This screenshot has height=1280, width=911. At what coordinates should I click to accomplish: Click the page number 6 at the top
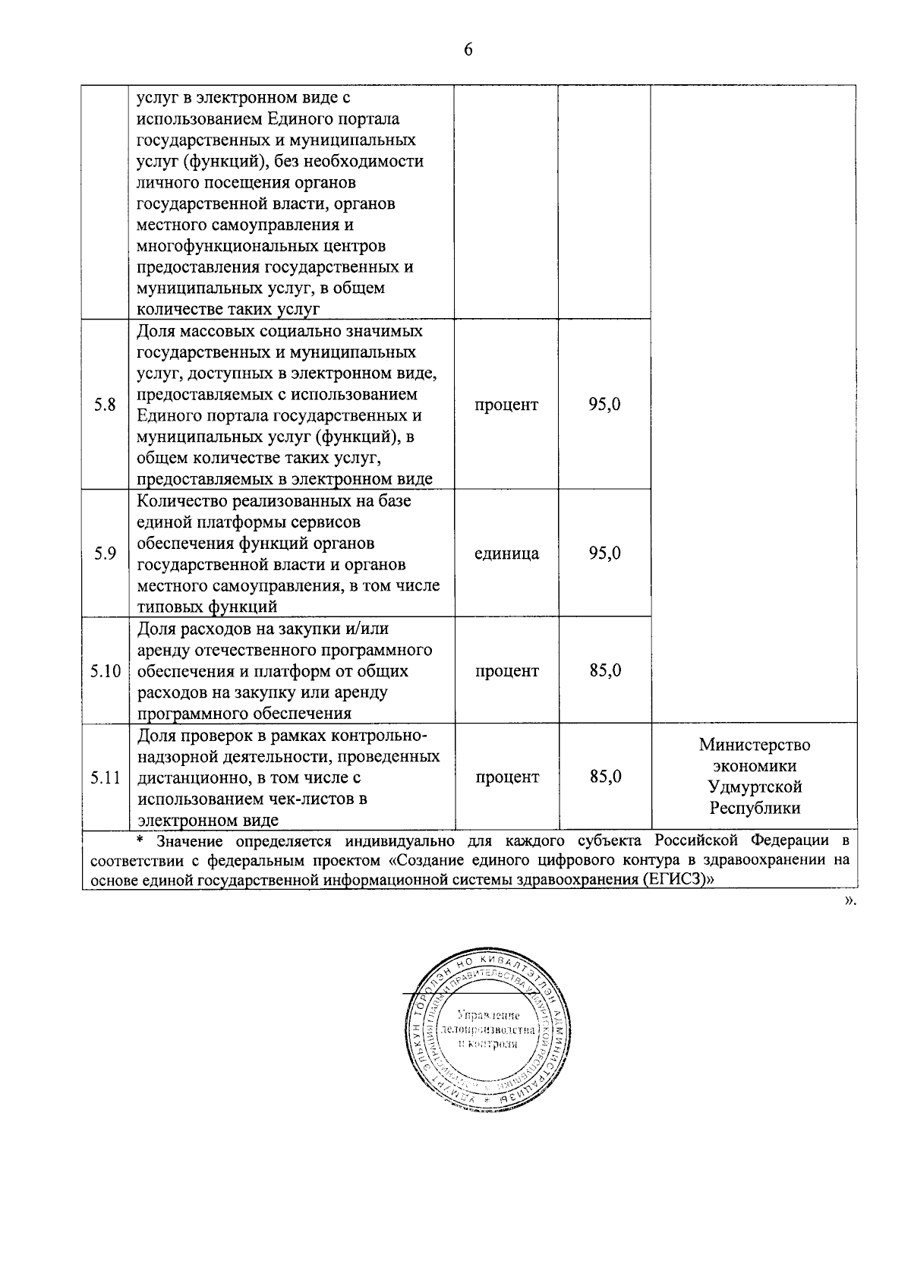(468, 50)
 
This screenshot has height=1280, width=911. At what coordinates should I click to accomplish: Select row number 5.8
(105, 405)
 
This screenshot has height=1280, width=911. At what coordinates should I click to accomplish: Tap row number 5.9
(105, 553)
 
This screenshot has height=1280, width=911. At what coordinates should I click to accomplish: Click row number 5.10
(105, 671)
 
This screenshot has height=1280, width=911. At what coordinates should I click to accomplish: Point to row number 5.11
(105, 777)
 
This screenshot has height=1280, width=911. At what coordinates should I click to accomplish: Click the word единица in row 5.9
(506, 553)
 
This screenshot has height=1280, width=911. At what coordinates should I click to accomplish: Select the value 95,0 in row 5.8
(604, 405)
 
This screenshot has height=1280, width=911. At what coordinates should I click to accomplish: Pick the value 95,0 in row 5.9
(604, 553)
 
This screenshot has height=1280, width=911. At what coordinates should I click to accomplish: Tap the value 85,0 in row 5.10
(604, 671)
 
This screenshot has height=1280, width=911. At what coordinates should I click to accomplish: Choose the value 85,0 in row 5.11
(604, 777)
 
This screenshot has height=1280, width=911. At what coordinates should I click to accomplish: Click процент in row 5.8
(506, 405)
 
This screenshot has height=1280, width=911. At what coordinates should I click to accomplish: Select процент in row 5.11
(506, 777)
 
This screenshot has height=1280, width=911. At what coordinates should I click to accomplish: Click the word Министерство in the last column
(755, 745)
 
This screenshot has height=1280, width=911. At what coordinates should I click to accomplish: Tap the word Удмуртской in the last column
(755, 787)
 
